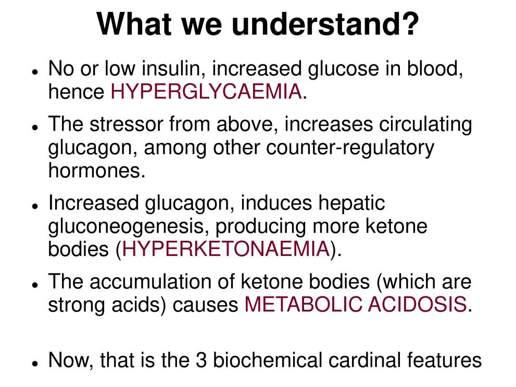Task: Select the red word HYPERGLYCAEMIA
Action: pos(206,92)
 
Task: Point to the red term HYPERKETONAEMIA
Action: pos(226,249)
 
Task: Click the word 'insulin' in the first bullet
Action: pos(175,69)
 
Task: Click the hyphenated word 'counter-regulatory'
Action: pos(350,148)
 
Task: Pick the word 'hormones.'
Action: pos(97,171)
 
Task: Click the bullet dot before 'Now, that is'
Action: pos(35,363)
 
